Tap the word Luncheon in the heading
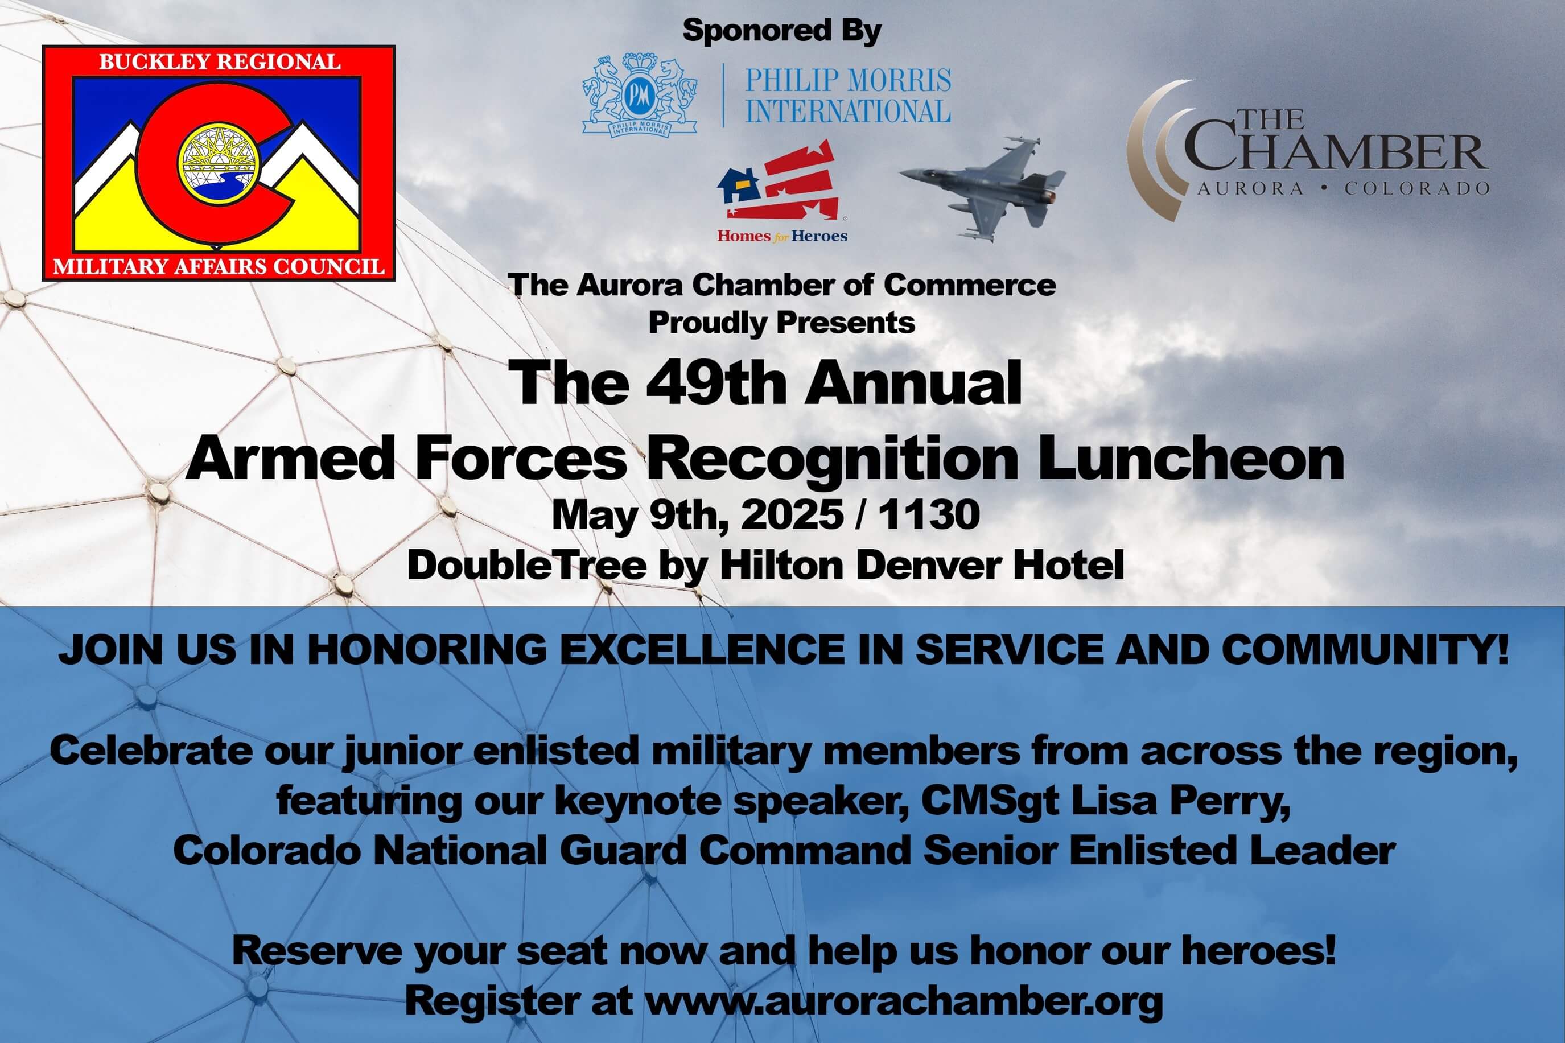(1191, 459)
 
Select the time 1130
(929, 514)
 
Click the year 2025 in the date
(792, 514)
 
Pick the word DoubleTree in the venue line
(527, 566)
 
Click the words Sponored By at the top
(781, 31)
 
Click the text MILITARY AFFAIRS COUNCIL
(219, 267)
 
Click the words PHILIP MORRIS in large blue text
(848, 81)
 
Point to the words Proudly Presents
(781, 323)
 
